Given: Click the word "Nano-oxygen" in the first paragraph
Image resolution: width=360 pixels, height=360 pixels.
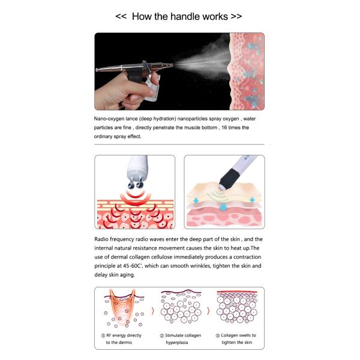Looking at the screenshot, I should [112, 120].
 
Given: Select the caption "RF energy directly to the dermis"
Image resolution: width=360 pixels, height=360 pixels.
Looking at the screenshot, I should [125, 338].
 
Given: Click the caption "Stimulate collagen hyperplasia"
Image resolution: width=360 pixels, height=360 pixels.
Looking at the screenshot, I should [182, 338].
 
